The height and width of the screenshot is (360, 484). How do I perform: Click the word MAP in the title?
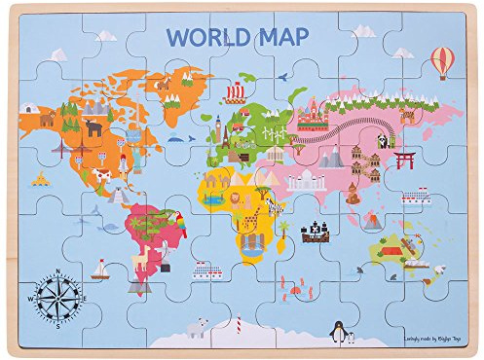[279, 36]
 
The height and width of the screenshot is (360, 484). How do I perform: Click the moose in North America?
[93, 126]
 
